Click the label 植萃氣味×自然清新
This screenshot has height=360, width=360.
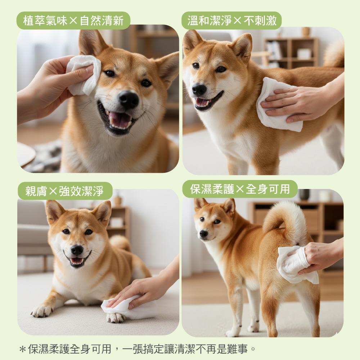tap(73, 21)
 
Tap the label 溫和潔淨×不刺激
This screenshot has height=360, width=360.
tap(232, 21)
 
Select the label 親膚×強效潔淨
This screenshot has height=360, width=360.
tap(65, 191)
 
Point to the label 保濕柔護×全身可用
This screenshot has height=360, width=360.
tap(240, 189)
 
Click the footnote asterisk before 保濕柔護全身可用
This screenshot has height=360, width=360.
tap(23, 350)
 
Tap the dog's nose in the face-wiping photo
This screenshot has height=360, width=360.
tap(129, 99)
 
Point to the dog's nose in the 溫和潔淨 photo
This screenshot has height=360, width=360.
tap(199, 89)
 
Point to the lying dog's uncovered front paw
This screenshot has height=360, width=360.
tap(42, 311)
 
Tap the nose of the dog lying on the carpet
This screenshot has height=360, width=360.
tap(77, 249)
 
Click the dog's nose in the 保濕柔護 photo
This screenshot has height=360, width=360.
tap(204, 234)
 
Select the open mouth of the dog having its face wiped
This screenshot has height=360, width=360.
tap(118, 120)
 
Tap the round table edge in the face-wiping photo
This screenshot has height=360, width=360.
tap(26, 154)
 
